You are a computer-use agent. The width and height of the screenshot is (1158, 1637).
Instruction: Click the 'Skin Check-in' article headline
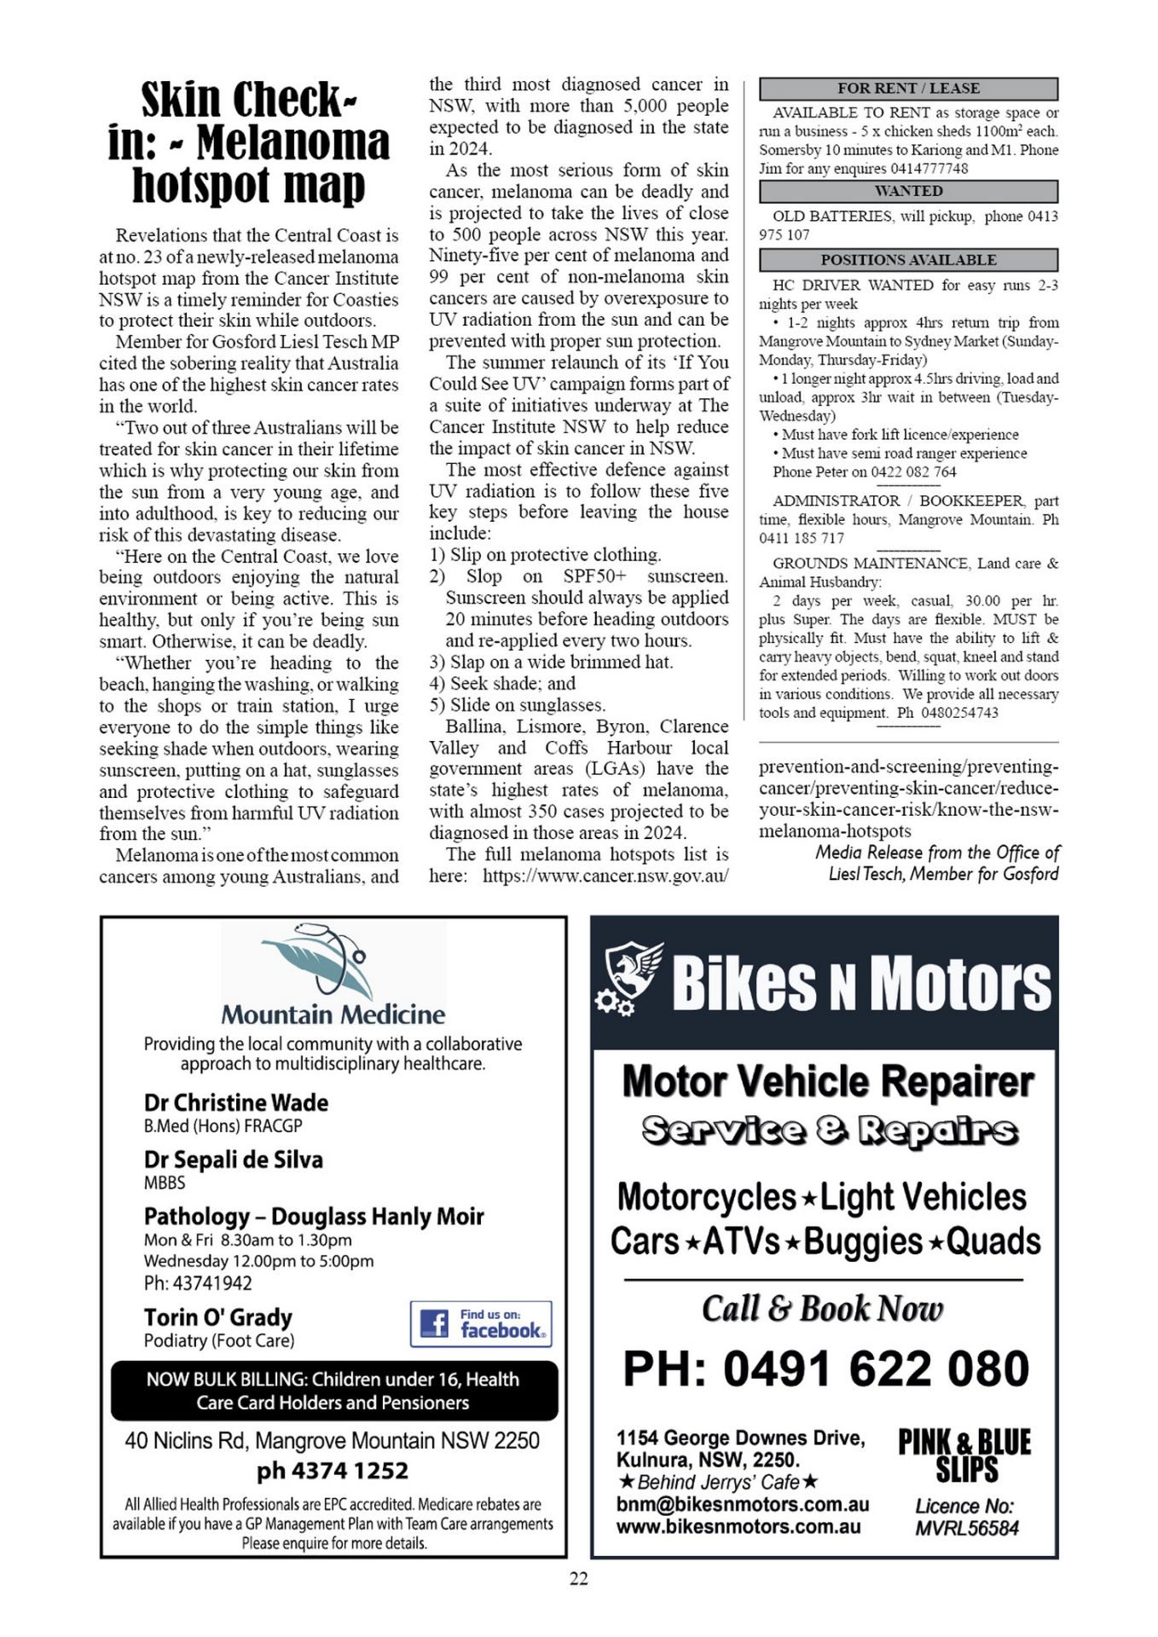(x=248, y=142)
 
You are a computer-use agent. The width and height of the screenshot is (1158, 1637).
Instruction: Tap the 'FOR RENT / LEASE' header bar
(x=908, y=89)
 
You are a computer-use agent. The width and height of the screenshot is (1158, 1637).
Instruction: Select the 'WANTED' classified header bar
(x=908, y=191)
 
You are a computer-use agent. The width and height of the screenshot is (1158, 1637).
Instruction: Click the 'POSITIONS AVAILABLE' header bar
(x=908, y=260)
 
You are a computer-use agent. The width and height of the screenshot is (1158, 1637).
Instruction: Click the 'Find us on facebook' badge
(x=481, y=1324)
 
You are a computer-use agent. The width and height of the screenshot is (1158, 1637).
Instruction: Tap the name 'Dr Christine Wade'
(x=236, y=1102)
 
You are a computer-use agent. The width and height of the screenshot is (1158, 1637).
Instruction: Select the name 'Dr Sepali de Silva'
(x=234, y=1160)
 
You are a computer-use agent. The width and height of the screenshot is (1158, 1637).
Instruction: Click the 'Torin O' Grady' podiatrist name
(x=218, y=1317)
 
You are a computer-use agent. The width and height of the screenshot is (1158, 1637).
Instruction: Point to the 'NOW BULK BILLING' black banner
(x=333, y=1391)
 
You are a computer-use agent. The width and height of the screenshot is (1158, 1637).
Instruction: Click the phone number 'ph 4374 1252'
(x=333, y=1471)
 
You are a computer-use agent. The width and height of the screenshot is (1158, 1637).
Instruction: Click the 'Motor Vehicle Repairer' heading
(x=828, y=1081)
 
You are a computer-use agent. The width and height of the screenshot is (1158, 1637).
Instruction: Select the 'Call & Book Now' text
(x=823, y=1309)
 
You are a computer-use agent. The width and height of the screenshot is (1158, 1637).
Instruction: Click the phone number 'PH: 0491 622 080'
(x=826, y=1370)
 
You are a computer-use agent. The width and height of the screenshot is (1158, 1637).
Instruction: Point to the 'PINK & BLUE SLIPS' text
(x=965, y=1455)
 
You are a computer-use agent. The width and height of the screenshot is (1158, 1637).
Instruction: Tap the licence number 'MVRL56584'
(x=967, y=1528)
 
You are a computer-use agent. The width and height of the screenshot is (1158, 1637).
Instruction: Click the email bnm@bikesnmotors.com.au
(x=743, y=1505)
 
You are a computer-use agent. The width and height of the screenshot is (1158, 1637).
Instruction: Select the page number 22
(x=579, y=1579)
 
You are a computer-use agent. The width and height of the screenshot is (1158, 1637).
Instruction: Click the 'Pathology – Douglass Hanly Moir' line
(x=314, y=1217)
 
